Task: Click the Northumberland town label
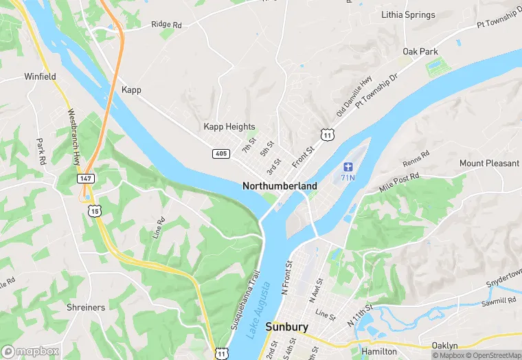[280, 186]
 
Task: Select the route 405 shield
[220, 153]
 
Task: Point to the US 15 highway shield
[94, 210]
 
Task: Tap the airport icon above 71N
[348, 167]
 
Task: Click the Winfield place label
[40, 77]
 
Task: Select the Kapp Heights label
[229, 127]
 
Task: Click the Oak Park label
[420, 52]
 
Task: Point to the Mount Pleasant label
[490, 164]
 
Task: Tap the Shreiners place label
[86, 307]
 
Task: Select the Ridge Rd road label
[166, 25]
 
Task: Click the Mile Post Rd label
[399, 182]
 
